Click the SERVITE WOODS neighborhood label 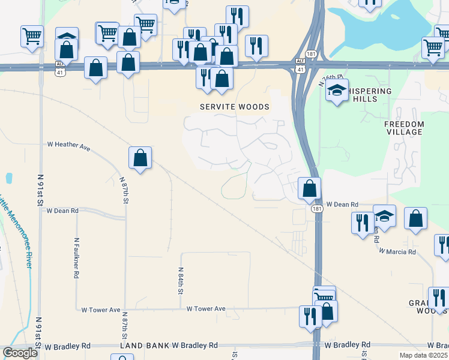tap(235, 107)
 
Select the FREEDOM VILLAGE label tap(404, 128)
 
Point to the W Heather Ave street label tap(68, 145)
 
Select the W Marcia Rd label tap(397, 252)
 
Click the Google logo tap(20, 353)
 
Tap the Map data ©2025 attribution tap(424, 355)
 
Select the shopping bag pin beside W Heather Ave tap(140, 158)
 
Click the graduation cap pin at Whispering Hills tap(337, 92)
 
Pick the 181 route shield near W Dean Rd tap(317, 208)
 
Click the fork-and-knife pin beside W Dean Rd tap(362, 223)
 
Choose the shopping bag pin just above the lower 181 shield tap(309, 188)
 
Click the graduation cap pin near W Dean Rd tap(384, 217)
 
